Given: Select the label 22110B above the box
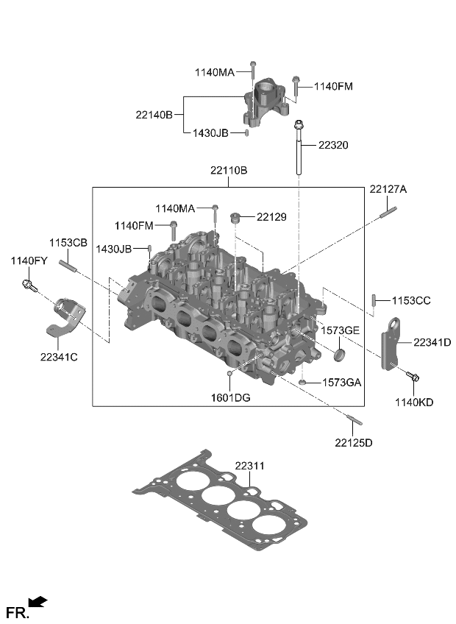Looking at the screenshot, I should click(228, 171).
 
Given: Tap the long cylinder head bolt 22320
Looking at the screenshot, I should click(299, 151).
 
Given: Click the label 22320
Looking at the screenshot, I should click(333, 145).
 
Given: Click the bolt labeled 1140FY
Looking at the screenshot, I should click(28, 285).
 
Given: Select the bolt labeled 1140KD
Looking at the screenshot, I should click(412, 377).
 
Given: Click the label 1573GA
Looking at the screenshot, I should click(341, 383).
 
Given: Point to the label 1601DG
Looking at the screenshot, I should click(230, 397).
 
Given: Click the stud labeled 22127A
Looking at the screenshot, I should click(388, 213).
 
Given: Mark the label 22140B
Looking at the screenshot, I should click(154, 115).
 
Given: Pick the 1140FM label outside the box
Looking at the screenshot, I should click(333, 86).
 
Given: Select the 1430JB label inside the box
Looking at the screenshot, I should click(113, 249).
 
